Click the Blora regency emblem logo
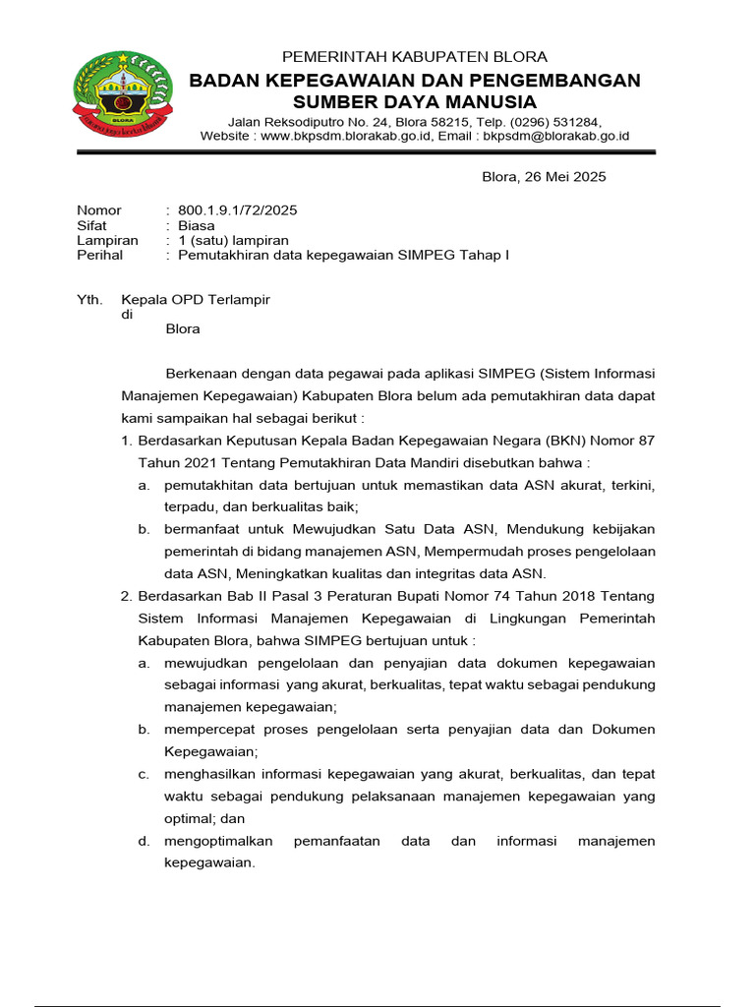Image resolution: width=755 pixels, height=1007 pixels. [x=122, y=94]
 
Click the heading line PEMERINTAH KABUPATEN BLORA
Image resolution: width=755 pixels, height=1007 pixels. [x=414, y=57]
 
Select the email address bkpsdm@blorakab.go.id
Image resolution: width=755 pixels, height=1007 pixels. [x=556, y=137]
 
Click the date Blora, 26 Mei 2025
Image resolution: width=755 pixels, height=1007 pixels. [x=544, y=177]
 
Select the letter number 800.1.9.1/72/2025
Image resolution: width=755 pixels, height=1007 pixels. [x=237, y=210]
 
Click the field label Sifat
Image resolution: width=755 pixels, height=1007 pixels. [x=91, y=225]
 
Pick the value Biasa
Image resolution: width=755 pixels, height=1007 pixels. [x=196, y=225]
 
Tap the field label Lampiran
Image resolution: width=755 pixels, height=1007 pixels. [x=107, y=240]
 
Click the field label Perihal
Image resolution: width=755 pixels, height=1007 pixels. [x=99, y=255]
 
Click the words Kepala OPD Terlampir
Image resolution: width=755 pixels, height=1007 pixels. [x=195, y=299]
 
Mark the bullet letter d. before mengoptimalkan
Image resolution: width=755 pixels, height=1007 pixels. [x=144, y=841]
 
